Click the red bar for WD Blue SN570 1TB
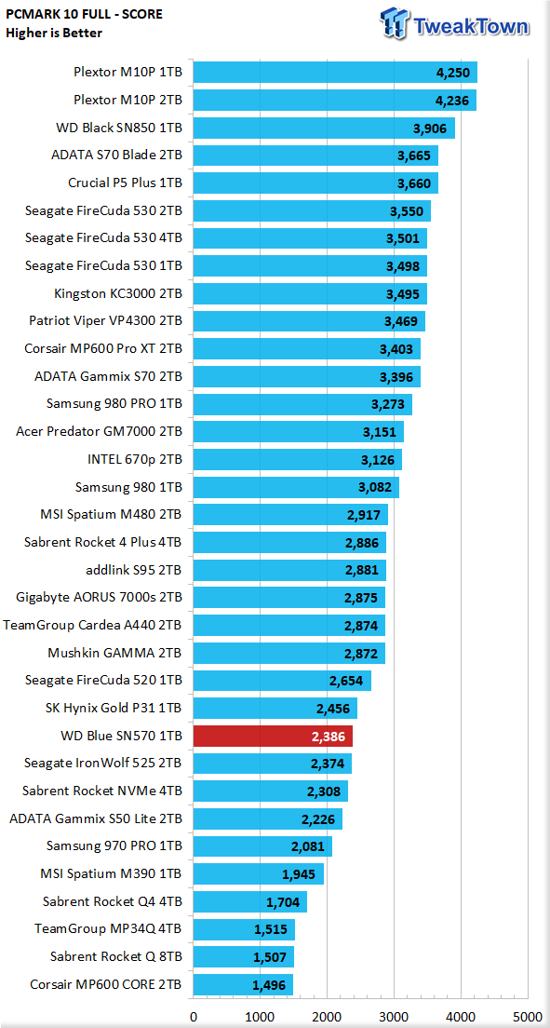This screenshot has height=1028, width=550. click(273, 737)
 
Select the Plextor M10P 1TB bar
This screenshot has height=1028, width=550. click(335, 73)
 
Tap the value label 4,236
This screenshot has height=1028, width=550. click(452, 101)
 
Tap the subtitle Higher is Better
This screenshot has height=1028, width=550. click(54, 33)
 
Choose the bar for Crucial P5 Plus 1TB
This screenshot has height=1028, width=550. click(315, 183)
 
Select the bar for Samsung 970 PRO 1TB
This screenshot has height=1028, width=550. click(262, 846)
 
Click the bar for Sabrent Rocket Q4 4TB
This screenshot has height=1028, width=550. click(250, 901)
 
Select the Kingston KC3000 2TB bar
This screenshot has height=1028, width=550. click(310, 293)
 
